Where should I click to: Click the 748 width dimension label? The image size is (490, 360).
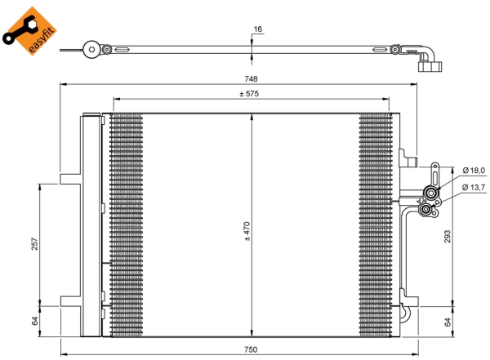click(251, 78)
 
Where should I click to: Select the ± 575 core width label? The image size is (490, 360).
click(249, 93)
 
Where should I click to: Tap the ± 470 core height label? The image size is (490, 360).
click(247, 231)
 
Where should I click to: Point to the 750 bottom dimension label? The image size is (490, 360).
click(251, 349)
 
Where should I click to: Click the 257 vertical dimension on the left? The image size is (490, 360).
click(34, 244)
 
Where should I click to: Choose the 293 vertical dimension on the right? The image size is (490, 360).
click(448, 237)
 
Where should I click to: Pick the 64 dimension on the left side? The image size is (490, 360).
click(34, 321)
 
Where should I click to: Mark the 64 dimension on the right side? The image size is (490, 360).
click(448, 322)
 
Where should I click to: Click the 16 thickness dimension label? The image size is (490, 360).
click(258, 29)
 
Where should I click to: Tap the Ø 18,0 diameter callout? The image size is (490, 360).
click(474, 171)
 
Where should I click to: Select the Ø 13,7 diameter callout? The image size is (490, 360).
click(474, 187)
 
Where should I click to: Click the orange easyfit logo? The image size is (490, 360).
click(29, 31)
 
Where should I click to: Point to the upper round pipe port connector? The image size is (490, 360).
click(431, 193)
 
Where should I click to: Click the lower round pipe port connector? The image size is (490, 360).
click(425, 210)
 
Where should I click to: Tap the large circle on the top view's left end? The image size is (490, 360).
click(91, 49)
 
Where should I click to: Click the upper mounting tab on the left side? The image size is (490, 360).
click(70, 179)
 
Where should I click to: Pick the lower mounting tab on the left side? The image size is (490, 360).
click(70, 301)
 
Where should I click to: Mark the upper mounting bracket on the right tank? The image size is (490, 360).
click(408, 158)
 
